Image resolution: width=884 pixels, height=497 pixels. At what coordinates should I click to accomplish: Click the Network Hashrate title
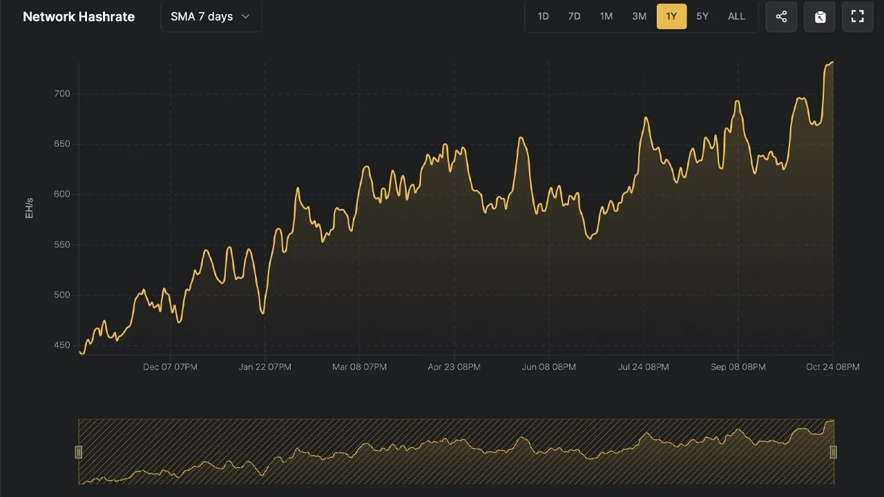click(79, 17)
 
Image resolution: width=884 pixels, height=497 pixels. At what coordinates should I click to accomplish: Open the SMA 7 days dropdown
click(211, 17)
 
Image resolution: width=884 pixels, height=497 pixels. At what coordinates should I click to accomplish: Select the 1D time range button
click(543, 17)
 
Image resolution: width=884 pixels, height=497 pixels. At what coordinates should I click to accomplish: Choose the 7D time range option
click(574, 17)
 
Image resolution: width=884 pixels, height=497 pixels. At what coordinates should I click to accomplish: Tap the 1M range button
click(606, 17)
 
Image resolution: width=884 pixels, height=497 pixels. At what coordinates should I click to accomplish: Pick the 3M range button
click(639, 17)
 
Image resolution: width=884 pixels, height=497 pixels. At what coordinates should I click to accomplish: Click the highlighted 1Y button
click(671, 17)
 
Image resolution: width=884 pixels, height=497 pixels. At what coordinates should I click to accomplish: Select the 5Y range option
click(702, 17)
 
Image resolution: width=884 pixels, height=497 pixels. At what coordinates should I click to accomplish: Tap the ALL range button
click(736, 17)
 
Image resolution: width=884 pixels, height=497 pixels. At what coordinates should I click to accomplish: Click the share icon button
click(781, 17)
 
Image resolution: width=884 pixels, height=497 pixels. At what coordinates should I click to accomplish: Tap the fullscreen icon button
click(858, 17)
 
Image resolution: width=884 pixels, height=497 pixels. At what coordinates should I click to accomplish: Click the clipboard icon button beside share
click(820, 17)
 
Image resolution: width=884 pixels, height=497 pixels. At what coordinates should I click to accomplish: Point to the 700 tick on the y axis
click(62, 94)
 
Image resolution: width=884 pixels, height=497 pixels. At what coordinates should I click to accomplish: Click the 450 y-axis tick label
click(62, 345)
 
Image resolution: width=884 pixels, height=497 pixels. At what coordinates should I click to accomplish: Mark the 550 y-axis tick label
click(62, 244)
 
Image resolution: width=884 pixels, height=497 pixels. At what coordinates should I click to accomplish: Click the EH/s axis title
click(29, 208)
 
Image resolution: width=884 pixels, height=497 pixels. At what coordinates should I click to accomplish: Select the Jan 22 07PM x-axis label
click(265, 367)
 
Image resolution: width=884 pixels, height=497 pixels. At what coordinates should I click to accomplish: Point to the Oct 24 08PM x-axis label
click(833, 367)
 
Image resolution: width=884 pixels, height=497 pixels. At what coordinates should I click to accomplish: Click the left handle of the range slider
click(79, 452)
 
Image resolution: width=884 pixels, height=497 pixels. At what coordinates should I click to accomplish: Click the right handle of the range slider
click(834, 452)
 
